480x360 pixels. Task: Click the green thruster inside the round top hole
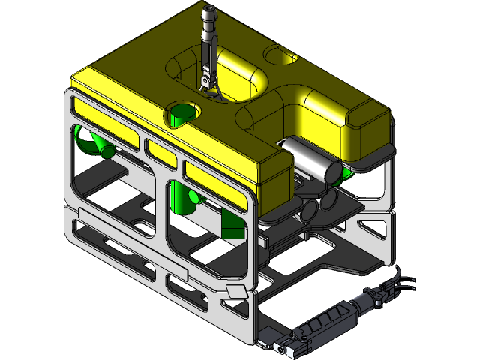click(181, 116)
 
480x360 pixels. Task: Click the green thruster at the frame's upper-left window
click(91, 142)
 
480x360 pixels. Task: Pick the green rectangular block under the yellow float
click(232, 223)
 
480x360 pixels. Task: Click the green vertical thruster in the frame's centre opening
click(180, 199)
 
